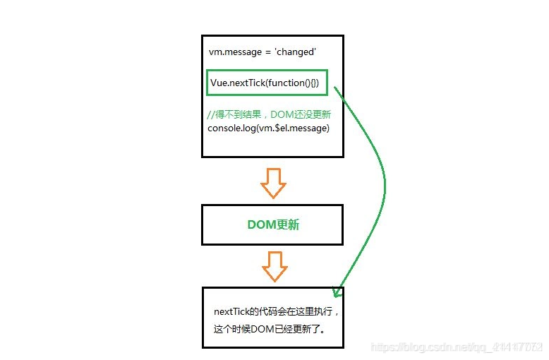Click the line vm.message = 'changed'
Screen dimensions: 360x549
(262, 52)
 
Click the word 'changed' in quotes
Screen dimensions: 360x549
(295, 52)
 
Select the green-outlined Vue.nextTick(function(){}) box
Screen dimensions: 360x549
(267, 83)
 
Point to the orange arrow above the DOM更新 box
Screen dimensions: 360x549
(273, 182)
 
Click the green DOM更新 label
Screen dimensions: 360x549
(273, 224)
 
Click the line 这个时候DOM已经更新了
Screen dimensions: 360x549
(269, 328)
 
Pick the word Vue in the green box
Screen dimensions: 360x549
(219, 83)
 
